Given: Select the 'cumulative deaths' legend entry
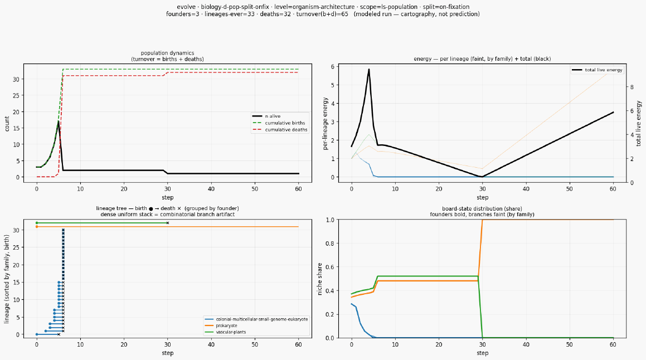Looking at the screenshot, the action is pyautogui.click(x=280, y=130).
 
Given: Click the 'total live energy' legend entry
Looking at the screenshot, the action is pyautogui.click(x=597, y=70).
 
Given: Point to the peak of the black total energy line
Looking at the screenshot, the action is pyautogui.click(x=369, y=69).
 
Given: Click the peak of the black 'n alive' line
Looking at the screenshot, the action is pyautogui.click(x=59, y=121).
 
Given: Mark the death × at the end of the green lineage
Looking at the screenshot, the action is pyautogui.click(x=167, y=223).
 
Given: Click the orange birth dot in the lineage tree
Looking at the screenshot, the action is pyautogui.click(x=37, y=227).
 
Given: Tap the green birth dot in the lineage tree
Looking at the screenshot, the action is pyautogui.click(x=37, y=223).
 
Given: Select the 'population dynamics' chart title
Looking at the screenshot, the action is pyautogui.click(x=167, y=53).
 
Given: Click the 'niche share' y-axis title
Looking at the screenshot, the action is pyautogui.click(x=320, y=279).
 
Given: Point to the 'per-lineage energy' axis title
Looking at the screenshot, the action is pyautogui.click(x=325, y=124).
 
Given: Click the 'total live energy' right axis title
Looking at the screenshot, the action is pyautogui.click(x=639, y=123).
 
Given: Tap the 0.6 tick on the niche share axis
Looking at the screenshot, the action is pyautogui.click(x=329, y=267).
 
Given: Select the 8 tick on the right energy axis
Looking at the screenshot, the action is pyautogui.click(x=631, y=87).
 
